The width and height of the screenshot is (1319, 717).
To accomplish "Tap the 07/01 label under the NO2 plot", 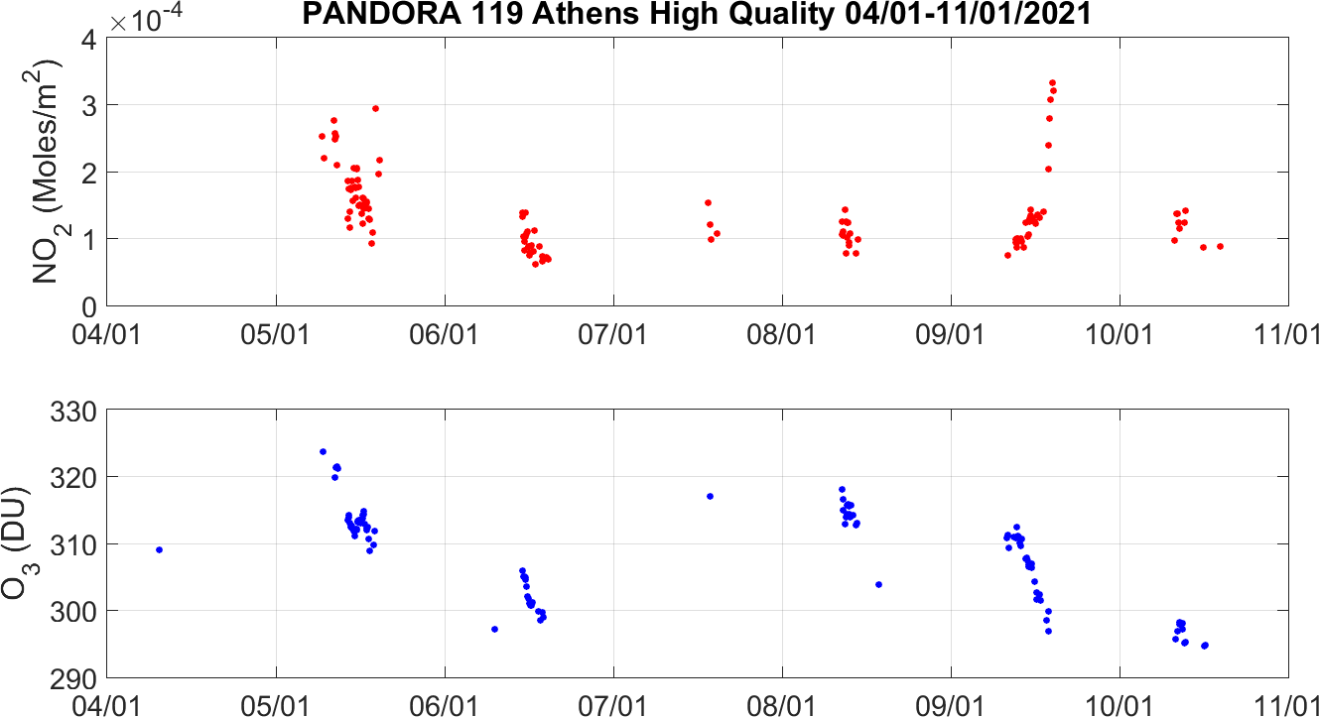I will click(x=614, y=332).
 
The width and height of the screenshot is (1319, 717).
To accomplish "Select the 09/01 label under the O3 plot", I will click(x=951, y=705).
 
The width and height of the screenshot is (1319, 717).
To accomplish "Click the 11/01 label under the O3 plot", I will click(x=1287, y=705).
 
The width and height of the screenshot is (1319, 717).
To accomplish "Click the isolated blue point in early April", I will click(x=159, y=549).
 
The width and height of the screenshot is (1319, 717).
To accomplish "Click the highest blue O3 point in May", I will click(x=323, y=451).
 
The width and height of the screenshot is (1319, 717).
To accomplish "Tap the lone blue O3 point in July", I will click(x=710, y=496).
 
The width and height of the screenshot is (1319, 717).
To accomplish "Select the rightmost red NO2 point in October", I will click(x=1220, y=246).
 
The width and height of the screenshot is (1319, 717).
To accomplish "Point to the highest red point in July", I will click(x=708, y=202).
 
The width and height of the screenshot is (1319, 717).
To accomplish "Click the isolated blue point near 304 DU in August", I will click(x=878, y=584).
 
